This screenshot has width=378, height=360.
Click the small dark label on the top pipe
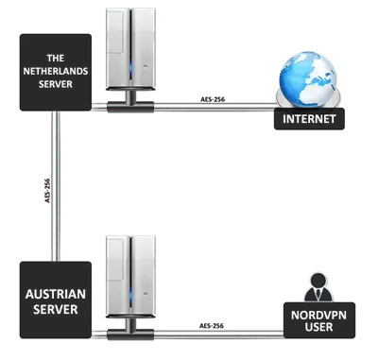coord(207,94)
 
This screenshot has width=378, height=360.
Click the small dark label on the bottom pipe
coord(207,323)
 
